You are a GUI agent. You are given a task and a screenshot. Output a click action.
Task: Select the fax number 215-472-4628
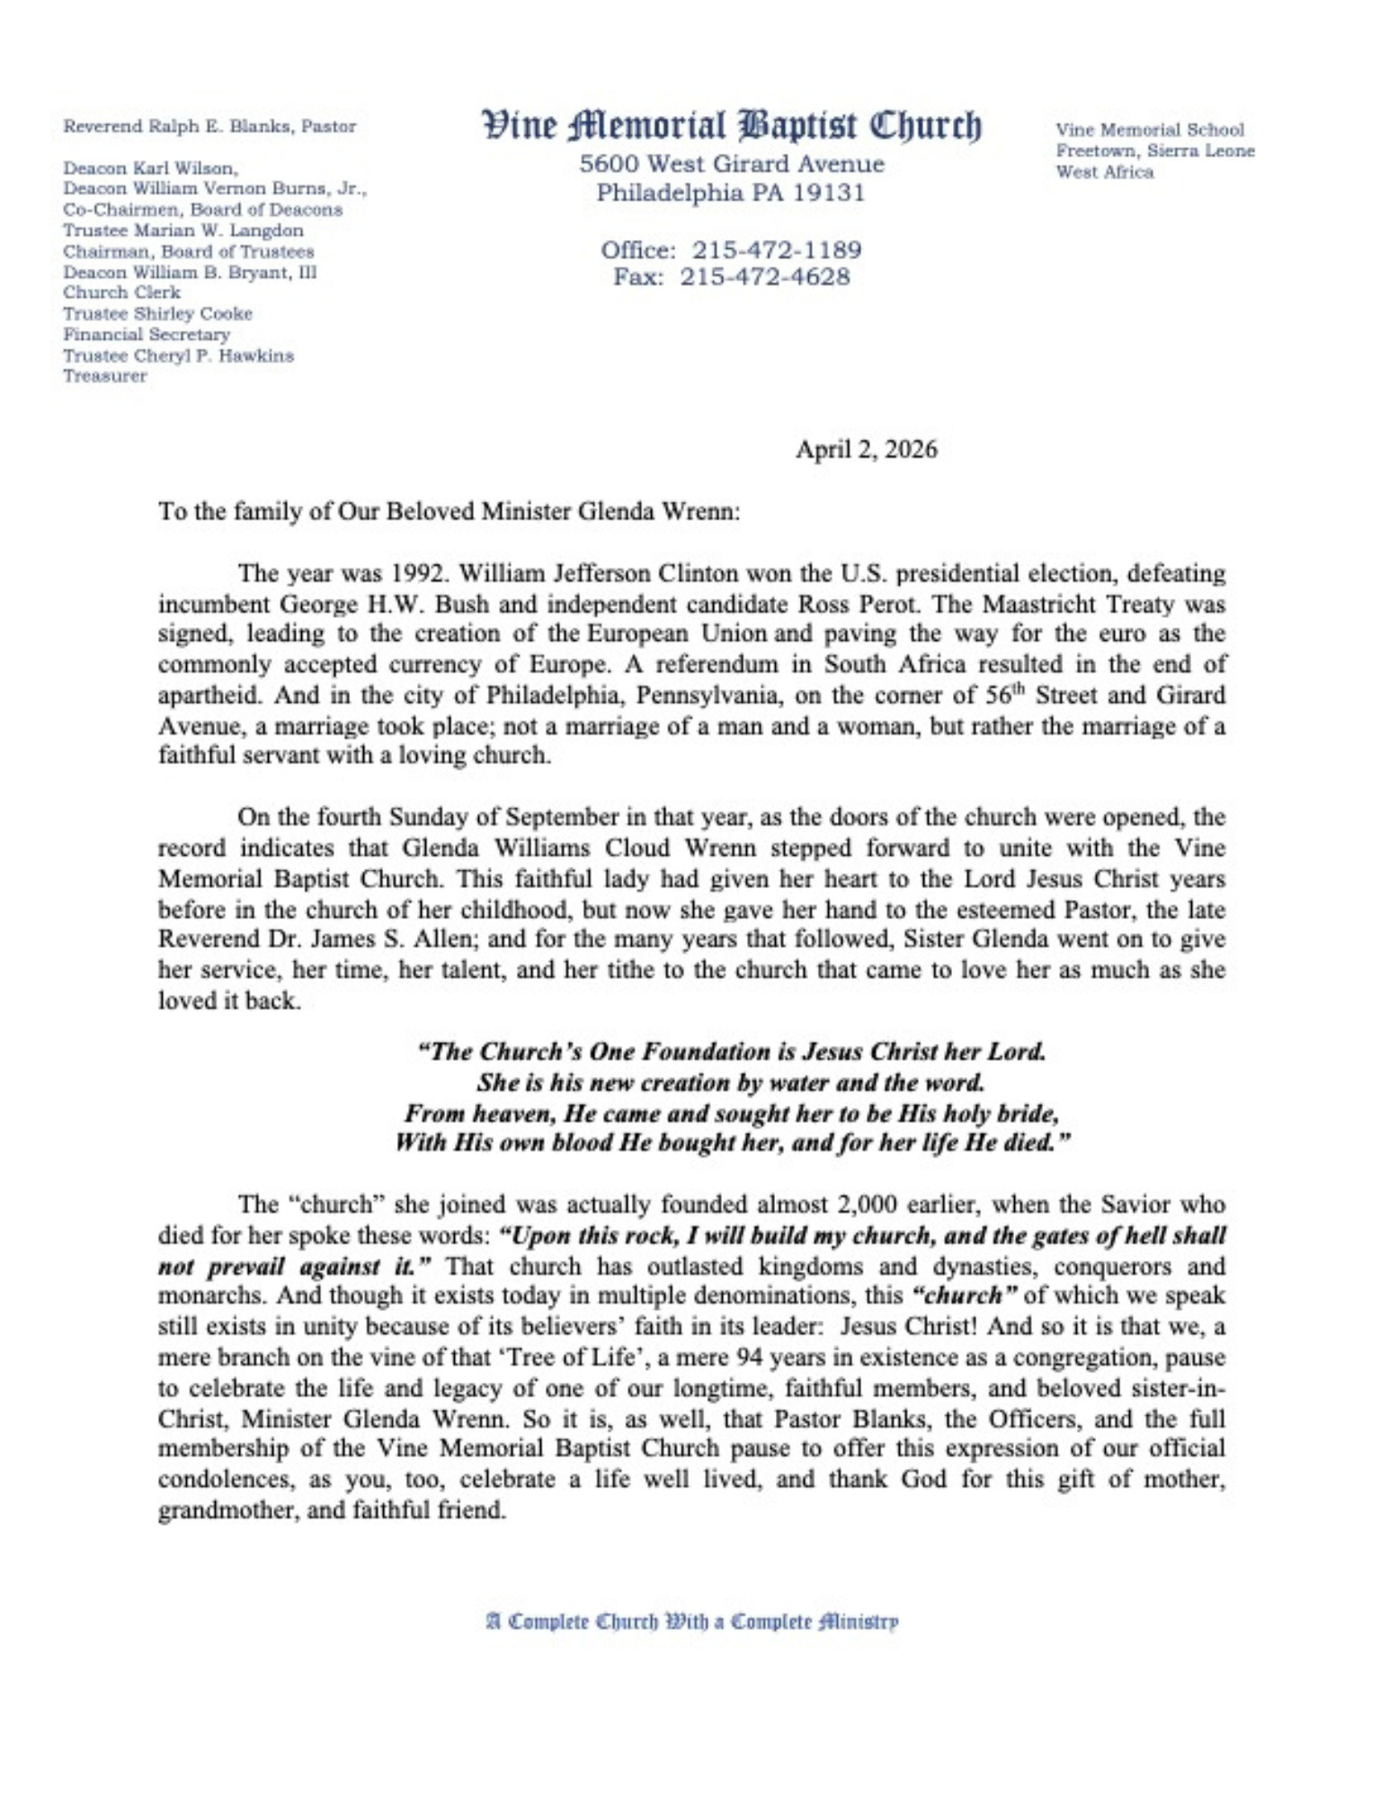coord(764,277)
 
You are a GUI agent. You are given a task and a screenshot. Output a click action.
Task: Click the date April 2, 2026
coord(866,449)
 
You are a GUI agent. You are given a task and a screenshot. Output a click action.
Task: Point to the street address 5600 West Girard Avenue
coord(731,165)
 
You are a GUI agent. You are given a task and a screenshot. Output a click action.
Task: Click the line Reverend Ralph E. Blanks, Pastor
coord(209,127)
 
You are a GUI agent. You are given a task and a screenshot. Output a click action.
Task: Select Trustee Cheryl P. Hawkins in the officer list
coord(178,356)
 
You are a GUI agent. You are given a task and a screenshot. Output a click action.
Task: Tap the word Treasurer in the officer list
coord(105,377)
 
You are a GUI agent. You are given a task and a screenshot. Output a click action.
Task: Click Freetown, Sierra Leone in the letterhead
coord(1154,151)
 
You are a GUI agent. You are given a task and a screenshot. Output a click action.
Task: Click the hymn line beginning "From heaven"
coord(731,1114)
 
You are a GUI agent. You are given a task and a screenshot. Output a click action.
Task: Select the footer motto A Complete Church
coord(691,1622)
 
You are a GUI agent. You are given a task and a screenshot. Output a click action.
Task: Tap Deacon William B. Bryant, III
coord(190,272)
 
